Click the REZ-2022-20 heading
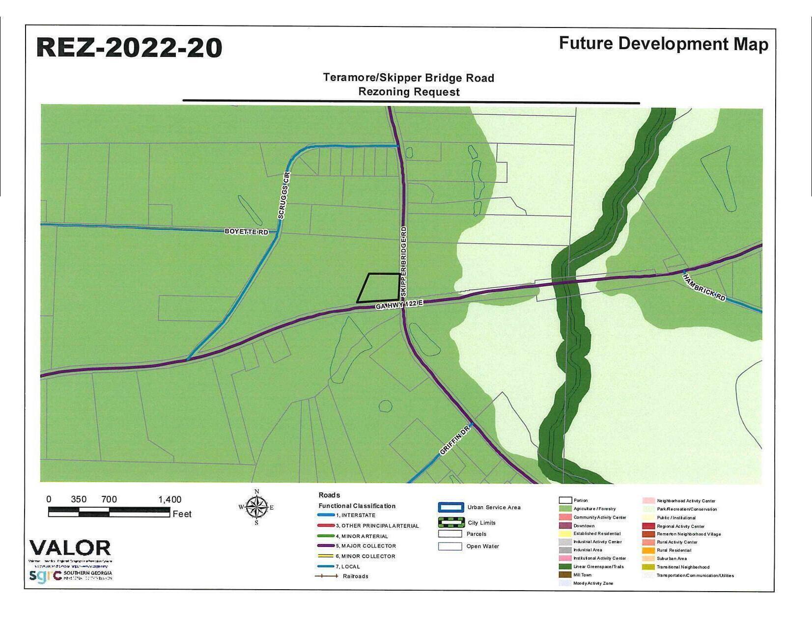pyautogui.click(x=129, y=48)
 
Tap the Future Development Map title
pyautogui.click(x=663, y=44)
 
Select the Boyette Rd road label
pyautogui.click(x=247, y=231)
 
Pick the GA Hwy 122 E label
pyautogui.click(x=399, y=305)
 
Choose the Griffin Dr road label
pyautogui.click(x=455, y=440)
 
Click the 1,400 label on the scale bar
pyautogui.click(x=169, y=499)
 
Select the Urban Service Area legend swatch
pyautogui.click(x=450, y=508)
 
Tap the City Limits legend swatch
pyautogui.click(x=450, y=522)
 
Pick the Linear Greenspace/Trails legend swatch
pyautogui.click(x=565, y=567)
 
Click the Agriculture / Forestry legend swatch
pyautogui.click(x=565, y=509)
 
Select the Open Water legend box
pyautogui.click(x=450, y=546)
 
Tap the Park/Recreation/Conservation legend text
pyautogui.click(x=687, y=509)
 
